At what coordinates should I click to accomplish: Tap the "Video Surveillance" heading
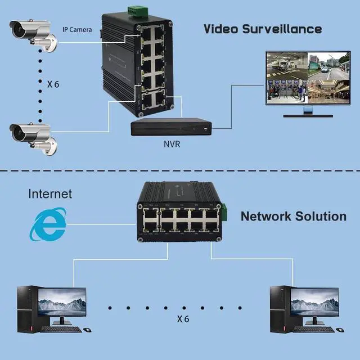click(262, 28)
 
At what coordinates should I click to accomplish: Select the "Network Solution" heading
click(294, 217)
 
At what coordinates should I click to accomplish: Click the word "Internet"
click(51, 194)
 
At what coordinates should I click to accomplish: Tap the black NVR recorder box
click(172, 128)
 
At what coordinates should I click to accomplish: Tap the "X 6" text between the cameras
click(53, 84)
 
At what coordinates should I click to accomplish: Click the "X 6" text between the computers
click(183, 319)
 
